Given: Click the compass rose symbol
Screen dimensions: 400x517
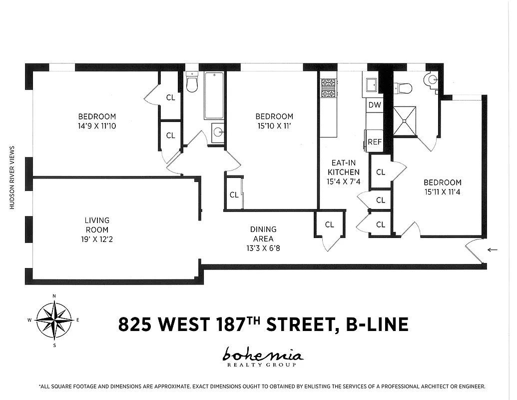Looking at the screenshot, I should pyautogui.click(x=54, y=319).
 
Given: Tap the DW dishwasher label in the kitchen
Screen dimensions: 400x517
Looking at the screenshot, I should pyautogui.click(x=374, y=105).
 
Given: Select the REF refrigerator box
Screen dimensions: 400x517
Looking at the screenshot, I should pyautogui.click(x=375, y=141).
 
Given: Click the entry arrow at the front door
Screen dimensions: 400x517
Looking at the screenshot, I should pyautogui.click(x=493, y=249).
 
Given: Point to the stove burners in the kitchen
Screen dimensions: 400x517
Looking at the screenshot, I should pyautogui.click(x=328, y=88).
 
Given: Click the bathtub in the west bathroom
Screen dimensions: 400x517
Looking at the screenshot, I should pyautogui.click(x=214, y=95).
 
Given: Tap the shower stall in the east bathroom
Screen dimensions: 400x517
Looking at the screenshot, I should pyautogui.click(x=404, y=121).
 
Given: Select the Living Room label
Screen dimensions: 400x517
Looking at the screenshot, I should pyautogui.click(x=97, y=225).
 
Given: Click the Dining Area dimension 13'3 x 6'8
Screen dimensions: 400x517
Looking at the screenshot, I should pyautogui.click(x=263, y=248).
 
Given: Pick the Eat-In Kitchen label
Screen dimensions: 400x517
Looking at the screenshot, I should pyautogui.click(x=343, y=167).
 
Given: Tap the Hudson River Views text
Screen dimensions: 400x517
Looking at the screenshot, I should pyautogui.click(x=11, y=177).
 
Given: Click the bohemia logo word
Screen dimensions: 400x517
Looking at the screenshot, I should pyautogui.click(x=263, y=355).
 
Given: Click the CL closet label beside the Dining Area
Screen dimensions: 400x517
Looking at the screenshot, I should pyautogui.click(x=329, y=224).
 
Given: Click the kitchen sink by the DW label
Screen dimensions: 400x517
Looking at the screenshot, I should pyautogui.click(x=372, y=85).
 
